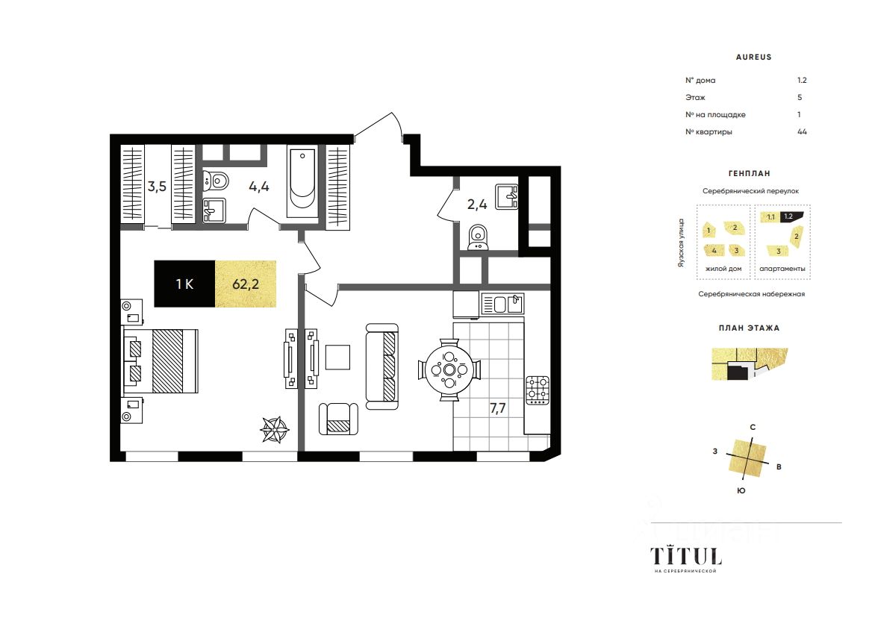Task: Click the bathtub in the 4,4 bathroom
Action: pos(302,181)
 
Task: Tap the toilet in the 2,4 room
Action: pos(478,237)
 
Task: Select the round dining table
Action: pos(449,369)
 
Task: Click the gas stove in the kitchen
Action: pos(538,390)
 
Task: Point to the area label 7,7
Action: pos(498,408)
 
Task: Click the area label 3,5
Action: pos(157,186)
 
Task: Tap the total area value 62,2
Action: pos(246,284)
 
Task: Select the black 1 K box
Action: pos(184,284)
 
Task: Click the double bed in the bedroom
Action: pos(161,361)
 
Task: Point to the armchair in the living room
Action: pos(338,419)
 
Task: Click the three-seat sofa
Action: pos(382,366)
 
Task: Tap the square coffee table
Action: pos(337,358)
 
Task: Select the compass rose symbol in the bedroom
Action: pos(275,430)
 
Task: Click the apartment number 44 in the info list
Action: pos(802,131)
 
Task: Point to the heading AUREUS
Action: pos(753,57)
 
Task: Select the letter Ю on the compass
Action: pos(741,490)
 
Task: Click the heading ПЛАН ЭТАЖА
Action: pos(749,328)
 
